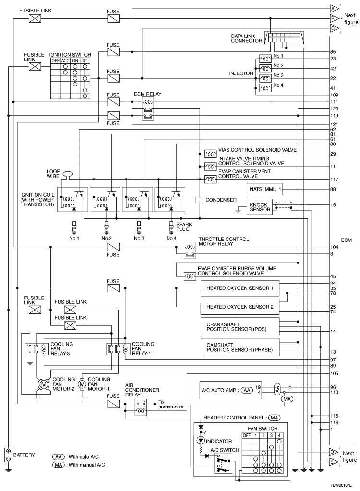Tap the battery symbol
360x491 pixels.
click(x=8, y=455)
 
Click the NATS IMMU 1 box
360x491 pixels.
click(x=264, y=189)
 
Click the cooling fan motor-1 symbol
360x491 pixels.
click(x=82, y=384)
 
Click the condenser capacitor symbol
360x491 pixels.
click(x=200, y=199)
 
